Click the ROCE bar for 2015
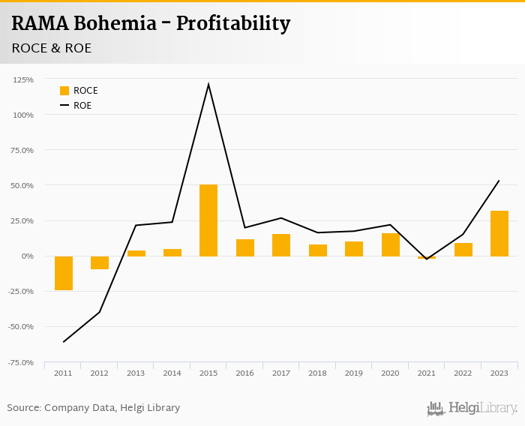[208, 220]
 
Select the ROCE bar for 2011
[64, 273]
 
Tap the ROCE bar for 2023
[499, 233]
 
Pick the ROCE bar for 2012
[100, 262]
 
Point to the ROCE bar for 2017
[281, 245]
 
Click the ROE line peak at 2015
[208, 84]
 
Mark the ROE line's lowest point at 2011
[64, 342]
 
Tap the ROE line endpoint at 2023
[499, 180]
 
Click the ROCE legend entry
[79, 91]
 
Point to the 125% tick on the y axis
[23, 79]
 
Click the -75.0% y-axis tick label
[21, 362]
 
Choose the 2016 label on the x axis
[244, 373]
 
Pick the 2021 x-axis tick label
[427, 373]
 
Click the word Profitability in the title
[233, 24]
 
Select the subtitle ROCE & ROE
[51, 48]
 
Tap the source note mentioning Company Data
[94, 408]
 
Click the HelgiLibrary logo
[472, 409]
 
